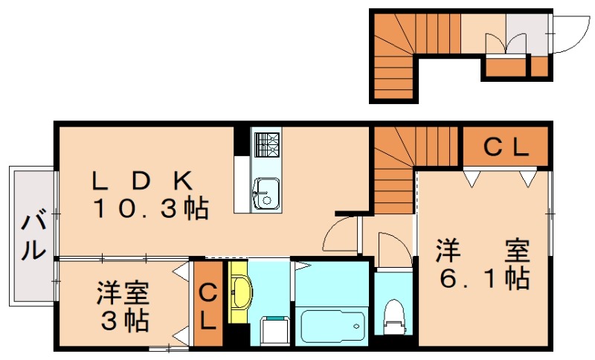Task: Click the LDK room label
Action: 143,181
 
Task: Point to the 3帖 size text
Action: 124,321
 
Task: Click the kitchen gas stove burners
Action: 266,142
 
